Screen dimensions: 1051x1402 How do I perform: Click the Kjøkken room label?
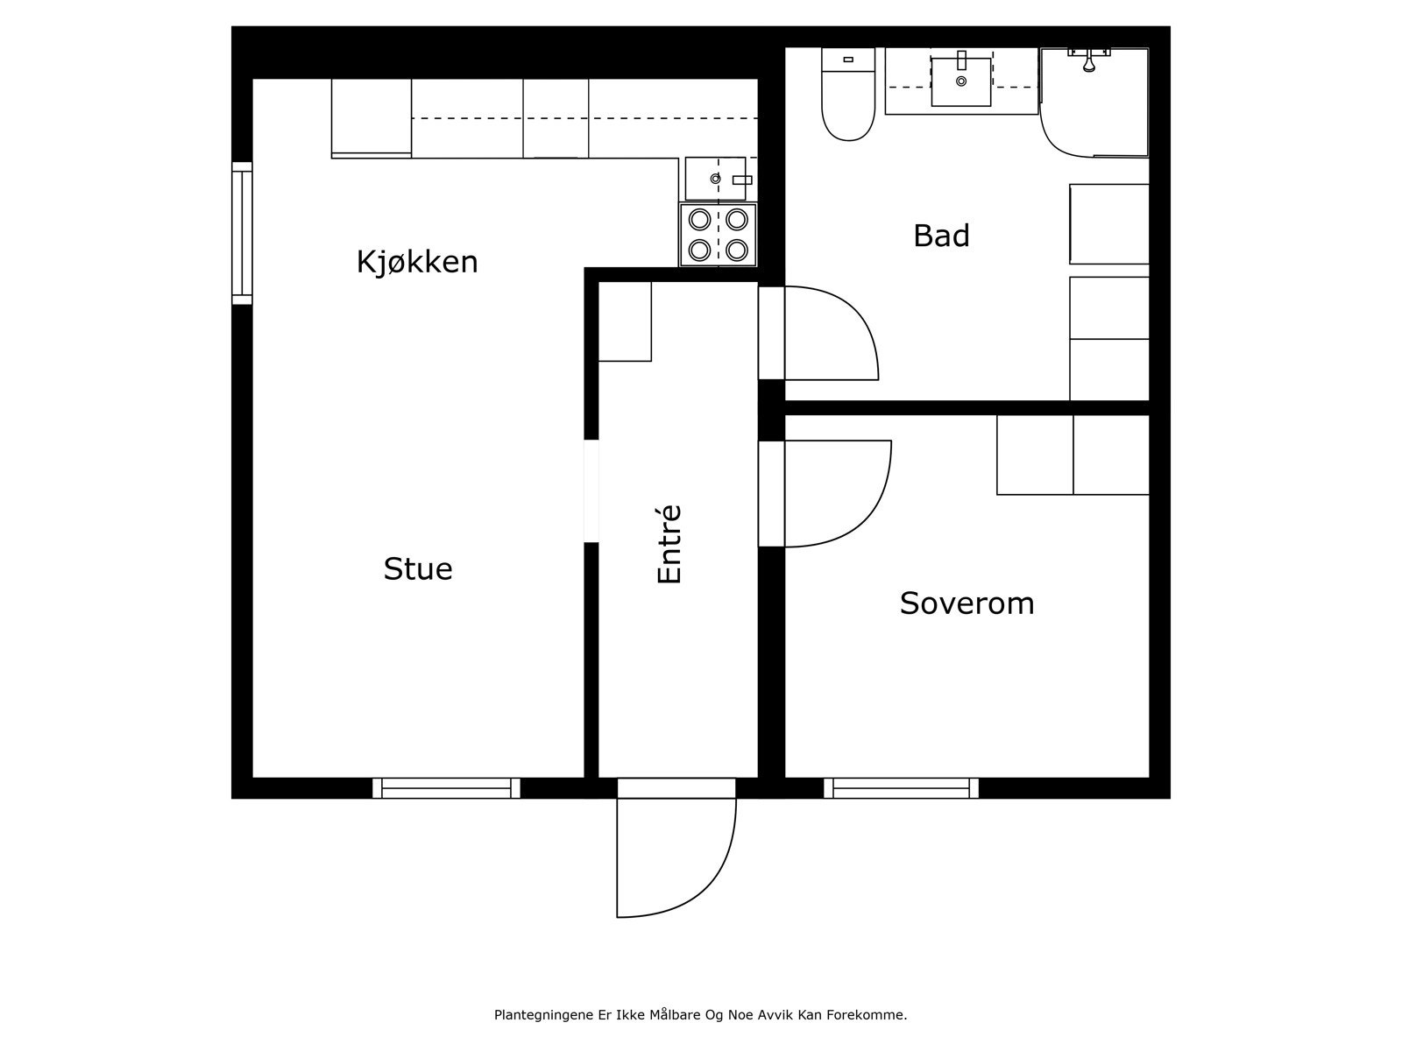coord(417,262)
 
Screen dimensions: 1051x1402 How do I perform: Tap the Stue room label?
coord(418,569)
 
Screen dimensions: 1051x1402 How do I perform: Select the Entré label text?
coord(669,544)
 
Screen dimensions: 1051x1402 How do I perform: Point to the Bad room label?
coord(941,236)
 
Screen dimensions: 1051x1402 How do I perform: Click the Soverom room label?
coord(967,603)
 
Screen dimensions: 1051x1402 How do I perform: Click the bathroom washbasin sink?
coord(961,81)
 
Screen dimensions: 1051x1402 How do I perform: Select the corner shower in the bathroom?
coord(1095,102)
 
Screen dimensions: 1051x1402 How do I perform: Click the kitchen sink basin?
coord(714,179)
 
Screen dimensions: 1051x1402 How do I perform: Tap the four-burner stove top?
coord(718,235)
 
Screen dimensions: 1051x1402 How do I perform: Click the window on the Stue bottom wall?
coord(447,788)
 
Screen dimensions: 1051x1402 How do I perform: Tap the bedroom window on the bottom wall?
coord(901,788)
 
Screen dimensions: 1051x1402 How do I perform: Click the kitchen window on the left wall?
coord(242,233)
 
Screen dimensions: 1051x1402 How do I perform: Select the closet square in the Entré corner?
coord(625,321)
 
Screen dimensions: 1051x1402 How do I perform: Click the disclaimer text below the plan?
coord(700,1015)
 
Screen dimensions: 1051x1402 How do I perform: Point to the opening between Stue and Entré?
coord(591,490)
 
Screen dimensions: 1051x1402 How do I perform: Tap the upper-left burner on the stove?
coord(699,218)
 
